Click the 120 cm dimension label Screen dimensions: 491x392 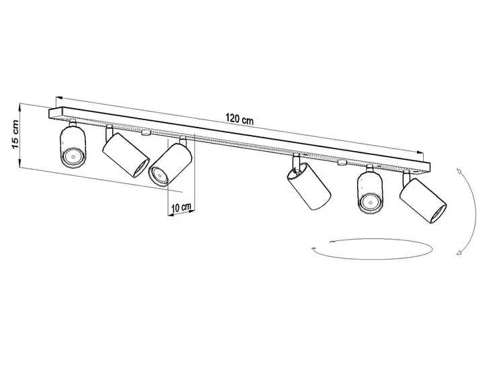(x=239, y=119)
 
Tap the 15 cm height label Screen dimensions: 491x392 (x=15, y=134)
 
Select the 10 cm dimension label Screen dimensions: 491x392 (x=182, y=207)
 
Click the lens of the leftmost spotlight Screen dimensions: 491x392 (x=73, y=157)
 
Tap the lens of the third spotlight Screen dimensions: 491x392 (x=159, y=177)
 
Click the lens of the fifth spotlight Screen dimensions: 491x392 (x=370, y=203)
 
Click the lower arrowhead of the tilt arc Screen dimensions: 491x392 (x=460, y=252)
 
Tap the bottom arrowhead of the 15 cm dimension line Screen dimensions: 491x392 (x=20, y=164)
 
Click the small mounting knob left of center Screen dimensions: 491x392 (x=146, y=132)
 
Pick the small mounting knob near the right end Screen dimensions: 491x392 (x=342, y=162)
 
